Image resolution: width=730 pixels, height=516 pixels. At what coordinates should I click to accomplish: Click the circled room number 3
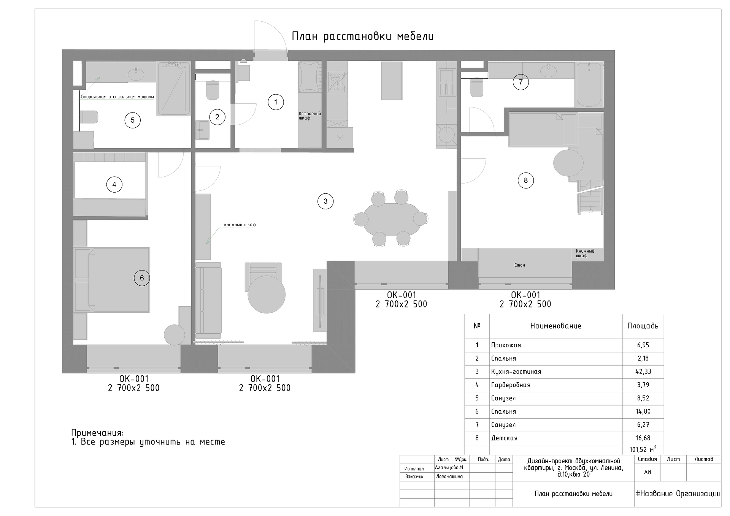325,201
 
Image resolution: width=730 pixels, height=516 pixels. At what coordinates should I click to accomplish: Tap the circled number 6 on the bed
142,278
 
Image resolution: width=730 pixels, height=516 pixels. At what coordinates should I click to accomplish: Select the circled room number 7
521,82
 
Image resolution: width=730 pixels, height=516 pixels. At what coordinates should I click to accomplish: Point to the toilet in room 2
213,90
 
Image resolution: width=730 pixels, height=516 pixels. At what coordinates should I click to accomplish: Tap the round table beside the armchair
266,294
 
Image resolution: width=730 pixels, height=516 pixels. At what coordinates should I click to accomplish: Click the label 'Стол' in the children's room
519,265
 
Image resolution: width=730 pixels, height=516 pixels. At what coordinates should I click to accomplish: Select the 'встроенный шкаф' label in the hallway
310,116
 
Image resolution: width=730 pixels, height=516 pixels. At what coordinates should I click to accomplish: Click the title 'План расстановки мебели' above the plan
363,36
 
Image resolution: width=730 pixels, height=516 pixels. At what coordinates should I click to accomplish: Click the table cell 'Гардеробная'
511,385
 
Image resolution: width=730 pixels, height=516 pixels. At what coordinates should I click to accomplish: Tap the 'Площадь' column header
643,326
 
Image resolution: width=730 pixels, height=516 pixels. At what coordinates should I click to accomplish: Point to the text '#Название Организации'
678,494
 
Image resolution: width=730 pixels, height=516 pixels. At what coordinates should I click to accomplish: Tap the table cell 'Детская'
504,438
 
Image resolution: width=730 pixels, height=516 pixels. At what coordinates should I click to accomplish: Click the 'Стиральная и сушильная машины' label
117,97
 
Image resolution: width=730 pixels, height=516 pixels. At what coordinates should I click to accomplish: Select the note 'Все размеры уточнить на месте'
153,442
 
